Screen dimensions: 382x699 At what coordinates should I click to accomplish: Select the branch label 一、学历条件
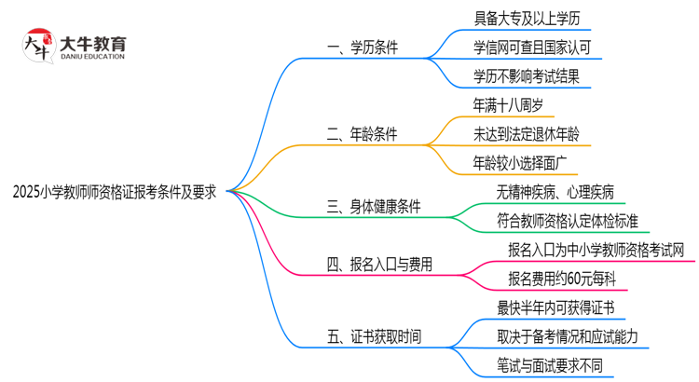point(363,48)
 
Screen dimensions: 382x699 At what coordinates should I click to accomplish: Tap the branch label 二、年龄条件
point(363,134)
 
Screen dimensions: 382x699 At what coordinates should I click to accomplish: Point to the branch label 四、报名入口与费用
point(380,265)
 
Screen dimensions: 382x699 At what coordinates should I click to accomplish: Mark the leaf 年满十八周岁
point(514,103)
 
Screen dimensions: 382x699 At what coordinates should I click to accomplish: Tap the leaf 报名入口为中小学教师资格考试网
point(596,250)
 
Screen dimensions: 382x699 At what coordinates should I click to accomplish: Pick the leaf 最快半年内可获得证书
point(556,307)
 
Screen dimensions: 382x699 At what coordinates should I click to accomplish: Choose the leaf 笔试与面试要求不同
point(550,364)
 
